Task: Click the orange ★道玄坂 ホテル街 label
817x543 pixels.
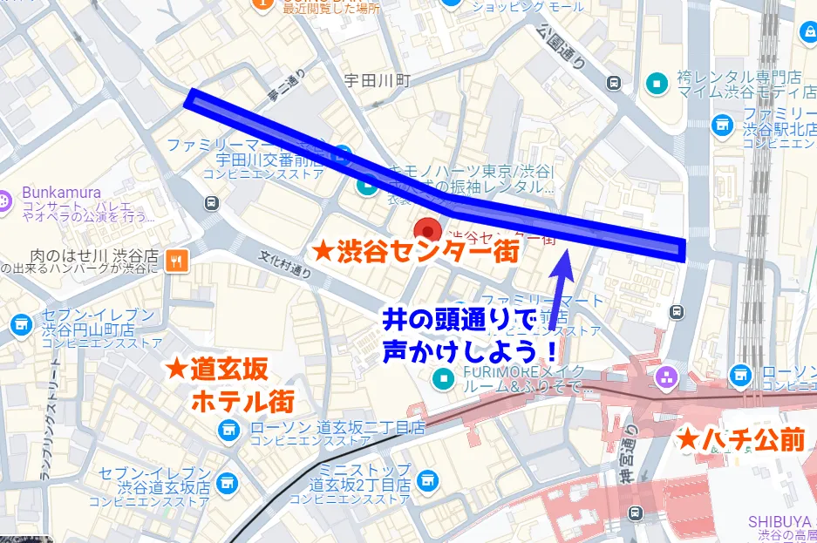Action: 230,385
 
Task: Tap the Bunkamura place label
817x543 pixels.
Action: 62,193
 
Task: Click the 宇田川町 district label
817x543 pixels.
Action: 376,80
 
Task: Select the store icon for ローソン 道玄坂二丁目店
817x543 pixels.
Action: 228,429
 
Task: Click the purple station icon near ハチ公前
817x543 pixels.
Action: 668,377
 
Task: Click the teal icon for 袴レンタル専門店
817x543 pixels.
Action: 656,83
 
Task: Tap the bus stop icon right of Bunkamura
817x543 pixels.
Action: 211,202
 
